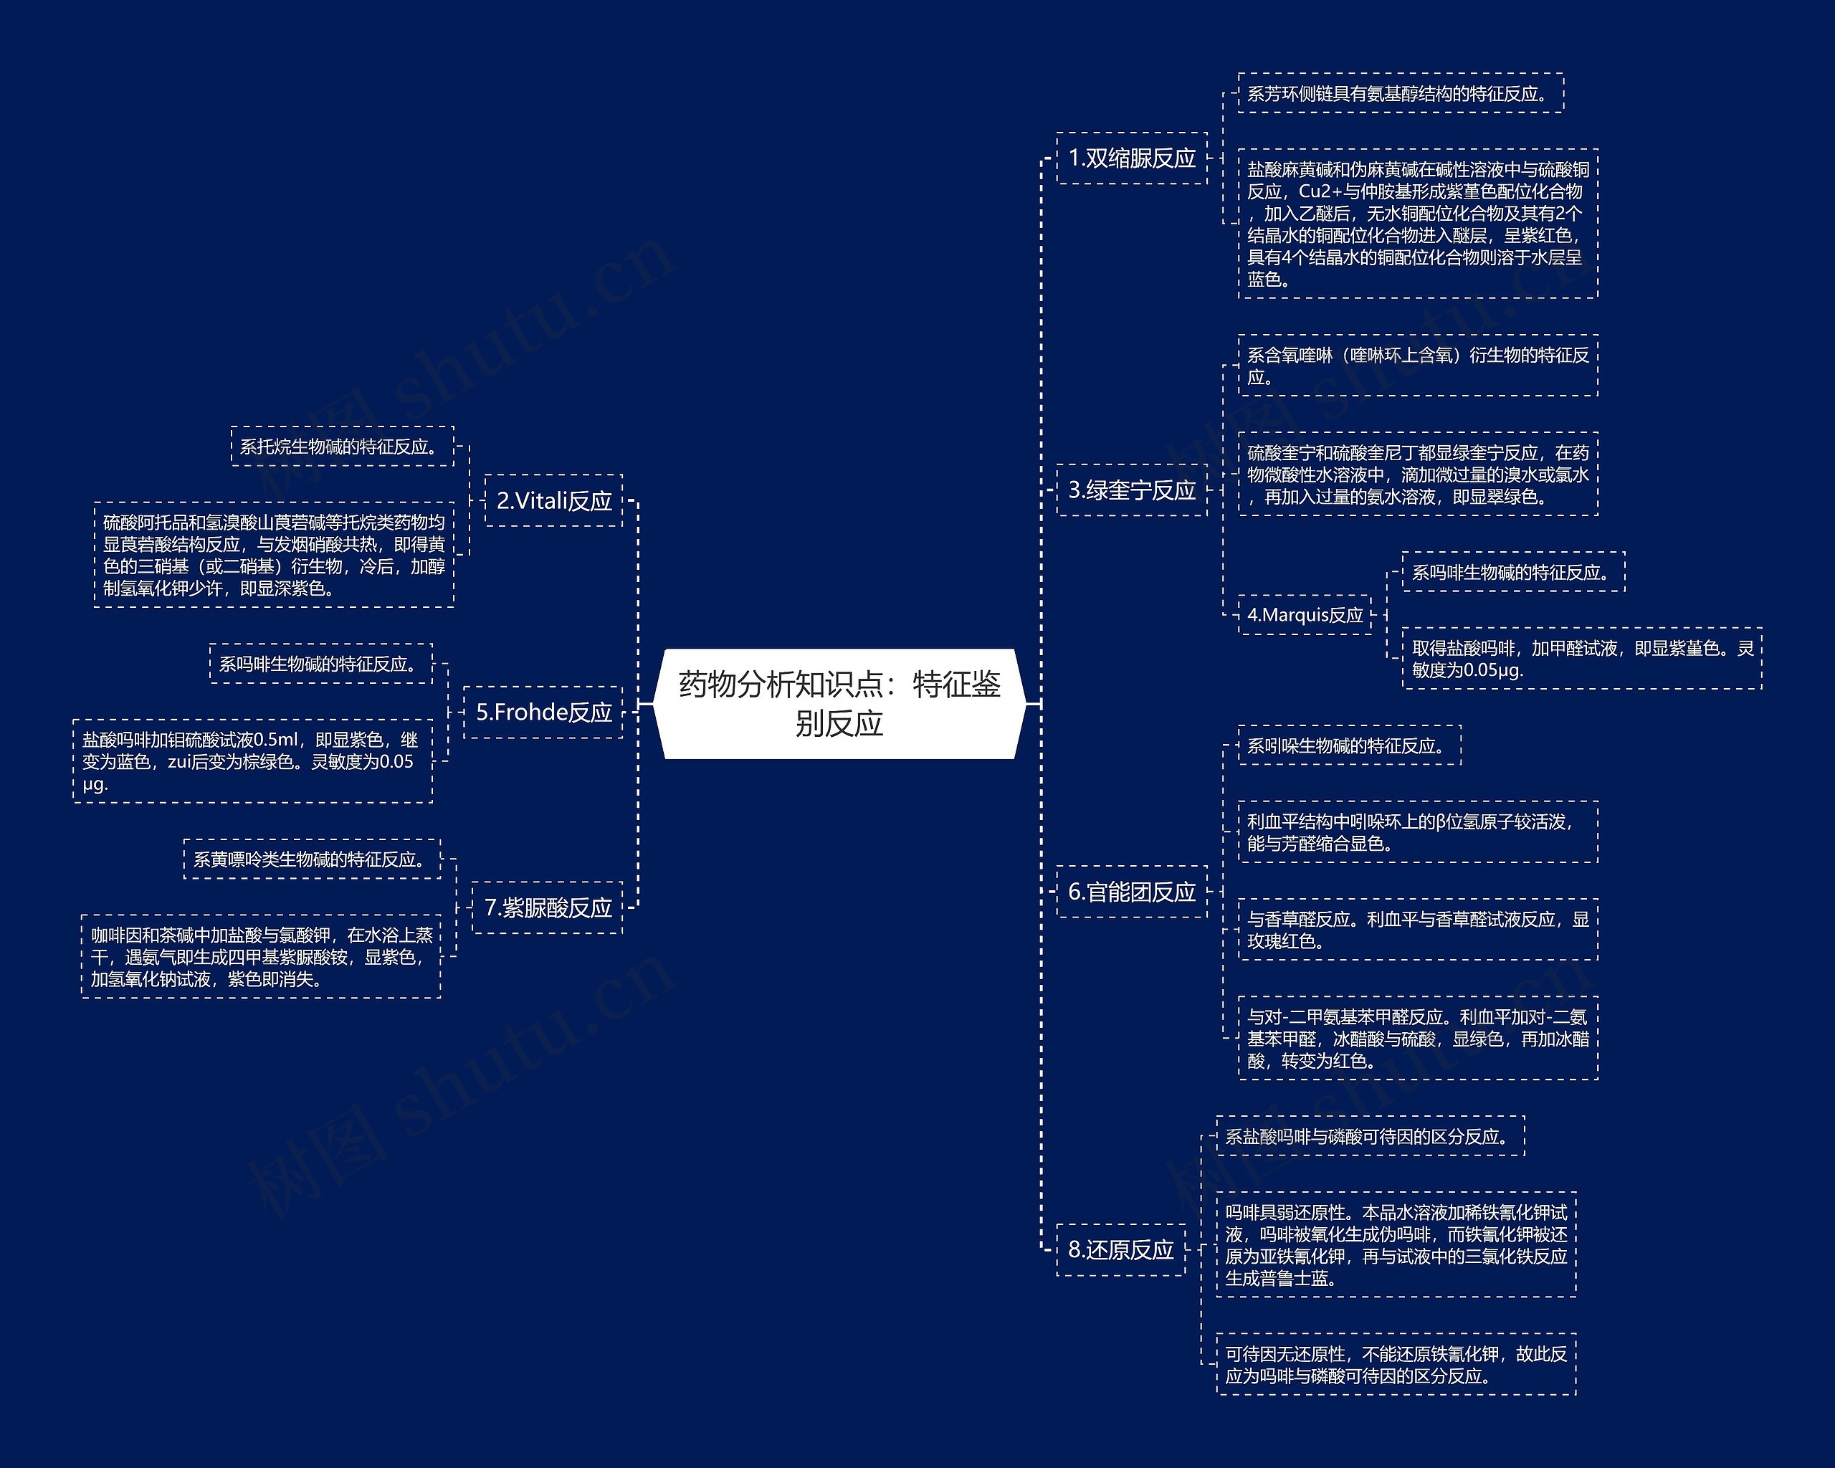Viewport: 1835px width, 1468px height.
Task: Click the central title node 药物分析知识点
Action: click(x=839, y=704)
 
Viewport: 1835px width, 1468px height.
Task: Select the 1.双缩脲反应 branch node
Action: click(x=1132, y=158)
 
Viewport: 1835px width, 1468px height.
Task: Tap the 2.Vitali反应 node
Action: click(x=554, y=500)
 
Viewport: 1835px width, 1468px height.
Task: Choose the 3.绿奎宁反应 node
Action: click(x=1132, y=490)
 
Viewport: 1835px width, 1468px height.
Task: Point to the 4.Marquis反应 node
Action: click(x=1305, y=614)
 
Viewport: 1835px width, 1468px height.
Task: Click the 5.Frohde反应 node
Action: click(x=544, y=712)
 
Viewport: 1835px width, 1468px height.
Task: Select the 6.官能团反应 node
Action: click(x=1132, y=892)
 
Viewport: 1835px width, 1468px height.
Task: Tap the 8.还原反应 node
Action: click(x=1121, y=1249)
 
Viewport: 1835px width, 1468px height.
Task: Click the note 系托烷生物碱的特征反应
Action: click(x=342, y=447)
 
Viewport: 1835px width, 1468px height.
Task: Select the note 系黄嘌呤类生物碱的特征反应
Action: click(x=313, y=859)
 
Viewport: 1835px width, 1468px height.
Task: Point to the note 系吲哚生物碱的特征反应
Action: click(x=1349, y=746)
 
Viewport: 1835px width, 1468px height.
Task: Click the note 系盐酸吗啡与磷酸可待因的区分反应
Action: click(x=1370, y=1136)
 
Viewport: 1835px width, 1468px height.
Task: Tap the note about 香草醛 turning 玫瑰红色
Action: click(x=1417, y=929)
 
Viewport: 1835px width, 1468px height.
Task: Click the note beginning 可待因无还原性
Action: click(x=1396, y=1364)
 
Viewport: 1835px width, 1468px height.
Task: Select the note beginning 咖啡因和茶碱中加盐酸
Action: click(x=262, y=956)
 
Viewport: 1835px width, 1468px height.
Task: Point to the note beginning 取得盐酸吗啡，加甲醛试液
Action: click(x=1581, y=659)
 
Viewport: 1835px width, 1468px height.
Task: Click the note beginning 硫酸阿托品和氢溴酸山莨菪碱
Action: click(x=274, y=555)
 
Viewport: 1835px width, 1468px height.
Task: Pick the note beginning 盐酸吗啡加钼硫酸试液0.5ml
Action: click(x=253, y=761)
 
